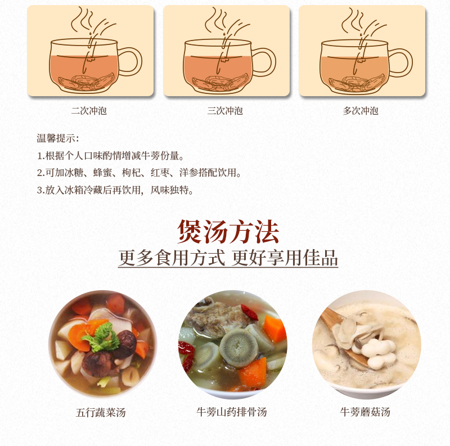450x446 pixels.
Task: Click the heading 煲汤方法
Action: pyautogui.click(x=228, y=231)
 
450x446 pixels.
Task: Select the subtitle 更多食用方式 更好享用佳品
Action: pyautogui.click(x=228, y=258)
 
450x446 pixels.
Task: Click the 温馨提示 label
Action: pyautogui.click(x=58, y=138)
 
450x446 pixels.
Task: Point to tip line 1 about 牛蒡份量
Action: pyautogui.click(x=111, y=156)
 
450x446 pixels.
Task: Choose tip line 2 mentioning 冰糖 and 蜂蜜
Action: pyautogui.click(x=139, y=173)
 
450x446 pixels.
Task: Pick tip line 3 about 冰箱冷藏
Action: pyautogui.click(x=115, y=190)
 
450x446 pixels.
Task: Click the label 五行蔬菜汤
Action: pyautogui.click(x=101, y=412)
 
